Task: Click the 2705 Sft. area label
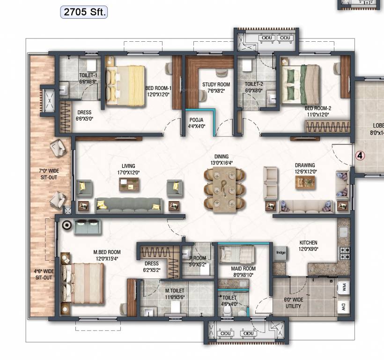coord(84,12)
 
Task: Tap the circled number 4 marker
coord(360,155)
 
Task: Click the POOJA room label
coord(196,123)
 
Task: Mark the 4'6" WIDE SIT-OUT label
coord(43,274)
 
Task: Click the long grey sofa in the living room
coord(129,204)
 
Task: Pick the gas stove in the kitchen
coord(345,254)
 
